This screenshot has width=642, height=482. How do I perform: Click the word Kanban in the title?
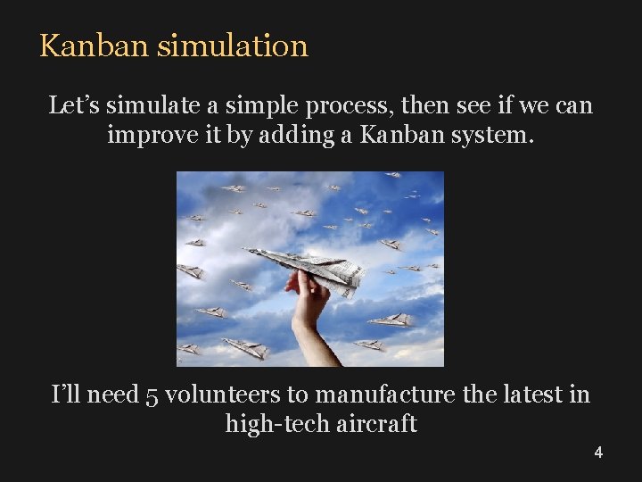[95, 46]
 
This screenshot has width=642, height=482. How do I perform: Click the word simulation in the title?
[232, 46]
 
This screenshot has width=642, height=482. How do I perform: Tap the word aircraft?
[377, 424]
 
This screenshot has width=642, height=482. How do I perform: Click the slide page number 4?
[598, 453]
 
